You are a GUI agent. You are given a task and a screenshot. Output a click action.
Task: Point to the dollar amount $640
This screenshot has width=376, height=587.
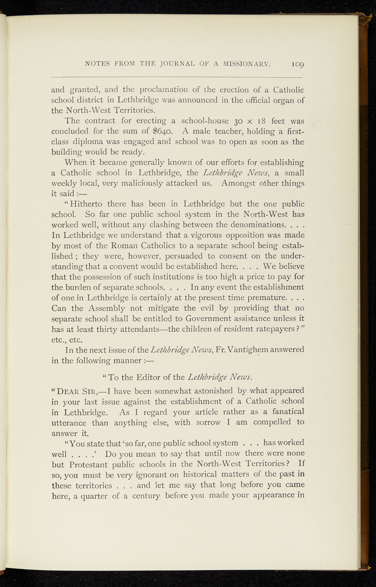pyautogui.click(x=162, y=132)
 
